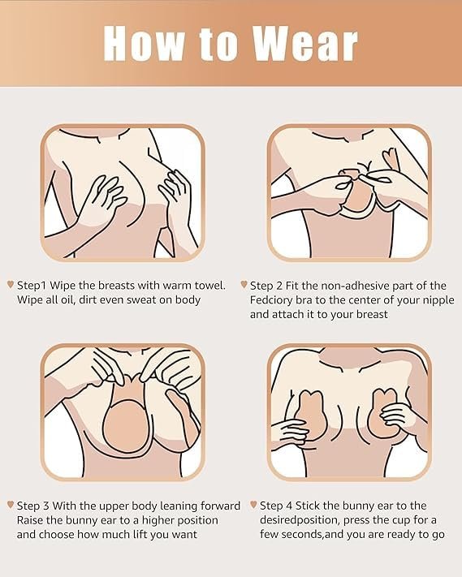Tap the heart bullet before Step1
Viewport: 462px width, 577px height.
pyautogui.click(x=11, y=285)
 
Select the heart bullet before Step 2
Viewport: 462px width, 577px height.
pyautogui.click(x=244, y=285)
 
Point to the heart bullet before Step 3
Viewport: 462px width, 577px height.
pyautogui.click(x=11, y=505)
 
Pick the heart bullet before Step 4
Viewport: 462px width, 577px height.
pyautogui.click(x=253, y=505)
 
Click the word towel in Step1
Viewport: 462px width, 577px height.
pyautogui.click(x=212, y=285)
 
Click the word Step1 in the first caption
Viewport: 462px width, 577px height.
pyautogui.click(x=32, y=286)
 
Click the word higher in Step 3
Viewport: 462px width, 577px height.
pyautogui.click(x=158, y=521)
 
